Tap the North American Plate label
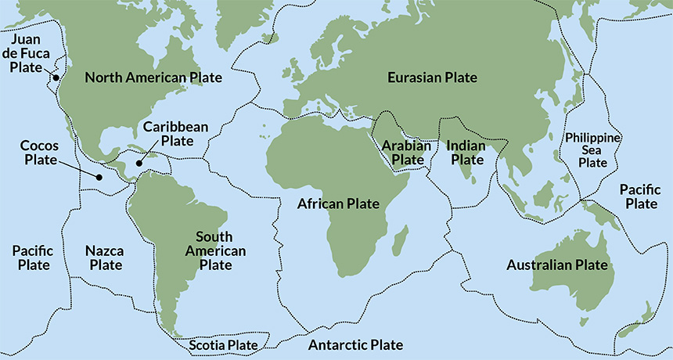coord(153,77)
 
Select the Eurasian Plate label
coord(432,77)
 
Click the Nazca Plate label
coord(104,257)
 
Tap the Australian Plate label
coord(557,265)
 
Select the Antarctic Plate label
coord(355,345)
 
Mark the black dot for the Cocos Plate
coord(99,177)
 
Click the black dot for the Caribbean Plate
coord(139,164)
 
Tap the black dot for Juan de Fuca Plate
coord(56,77)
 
